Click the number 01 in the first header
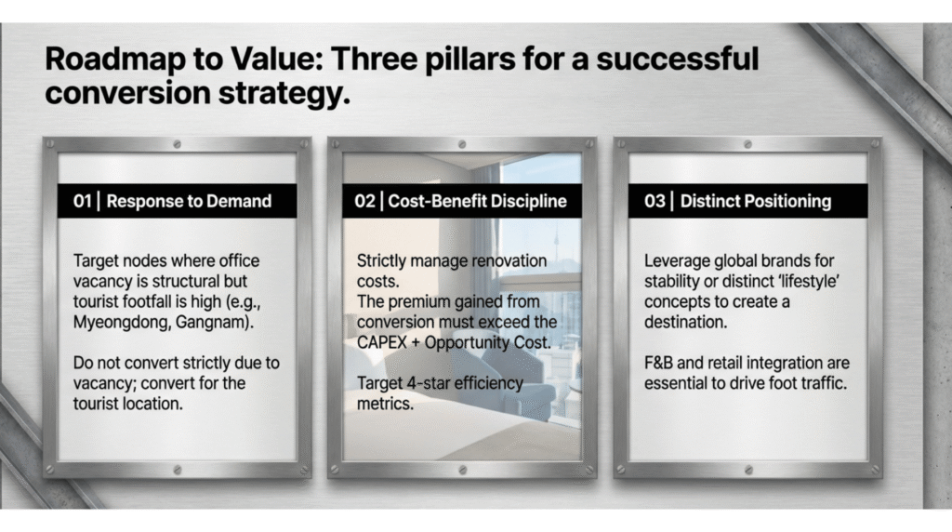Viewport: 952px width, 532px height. (82, 201)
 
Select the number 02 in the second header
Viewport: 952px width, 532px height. (364, 201)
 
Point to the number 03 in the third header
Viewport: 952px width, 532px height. (654, 201)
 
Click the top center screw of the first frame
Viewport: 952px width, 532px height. (178, 144)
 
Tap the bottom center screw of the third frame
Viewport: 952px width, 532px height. (748, 470)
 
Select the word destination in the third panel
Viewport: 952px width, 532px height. (685, 323)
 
